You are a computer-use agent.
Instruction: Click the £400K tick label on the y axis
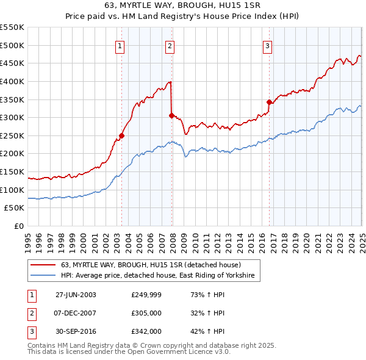coord(12,81)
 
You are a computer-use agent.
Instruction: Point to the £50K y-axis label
coord(14,208)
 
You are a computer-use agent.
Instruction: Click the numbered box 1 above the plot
coord(120,45)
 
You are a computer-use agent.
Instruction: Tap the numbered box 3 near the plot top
coord(267,45)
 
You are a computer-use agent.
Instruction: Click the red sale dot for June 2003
coord(122,135)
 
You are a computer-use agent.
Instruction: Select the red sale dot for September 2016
coord(269,102)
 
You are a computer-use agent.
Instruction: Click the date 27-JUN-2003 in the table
coord(76,295)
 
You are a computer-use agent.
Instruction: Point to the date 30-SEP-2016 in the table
coord(76,331)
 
